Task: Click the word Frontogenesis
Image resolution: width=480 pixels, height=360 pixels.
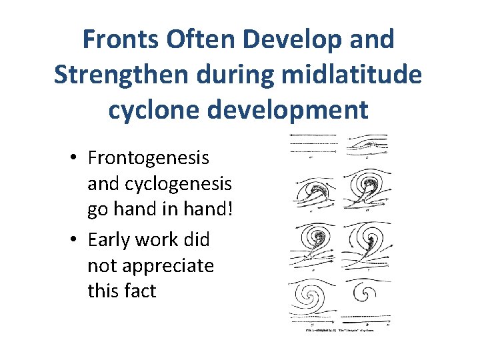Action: (x=149, y=159)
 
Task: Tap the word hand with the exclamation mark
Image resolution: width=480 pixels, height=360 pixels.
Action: (x=206, y=209)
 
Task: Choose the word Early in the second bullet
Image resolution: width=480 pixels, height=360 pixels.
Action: (x=111, y=240)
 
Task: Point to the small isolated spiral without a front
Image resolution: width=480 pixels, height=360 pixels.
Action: (x=367, y=294)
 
